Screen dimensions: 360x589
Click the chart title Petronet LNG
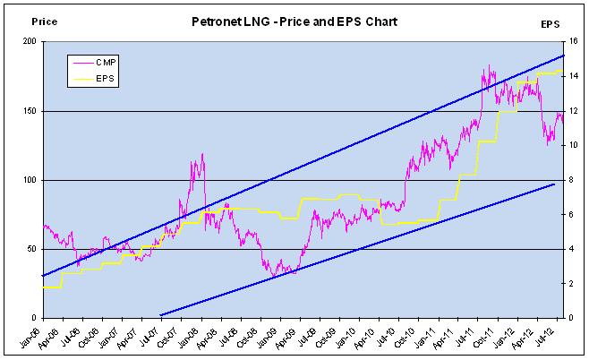click(295, 20)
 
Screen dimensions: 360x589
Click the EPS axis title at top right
click(551, 24)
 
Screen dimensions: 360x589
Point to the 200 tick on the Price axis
click(30, 42)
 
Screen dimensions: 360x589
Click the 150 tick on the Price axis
click(30, 111)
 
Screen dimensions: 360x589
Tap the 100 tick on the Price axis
click(30, 180)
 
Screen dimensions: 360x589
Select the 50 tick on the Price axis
click(32, 249)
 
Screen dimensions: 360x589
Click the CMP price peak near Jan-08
click(202, 154)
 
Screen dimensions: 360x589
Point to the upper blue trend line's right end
click(564, 56)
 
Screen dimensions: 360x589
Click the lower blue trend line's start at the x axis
click(161, 315)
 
